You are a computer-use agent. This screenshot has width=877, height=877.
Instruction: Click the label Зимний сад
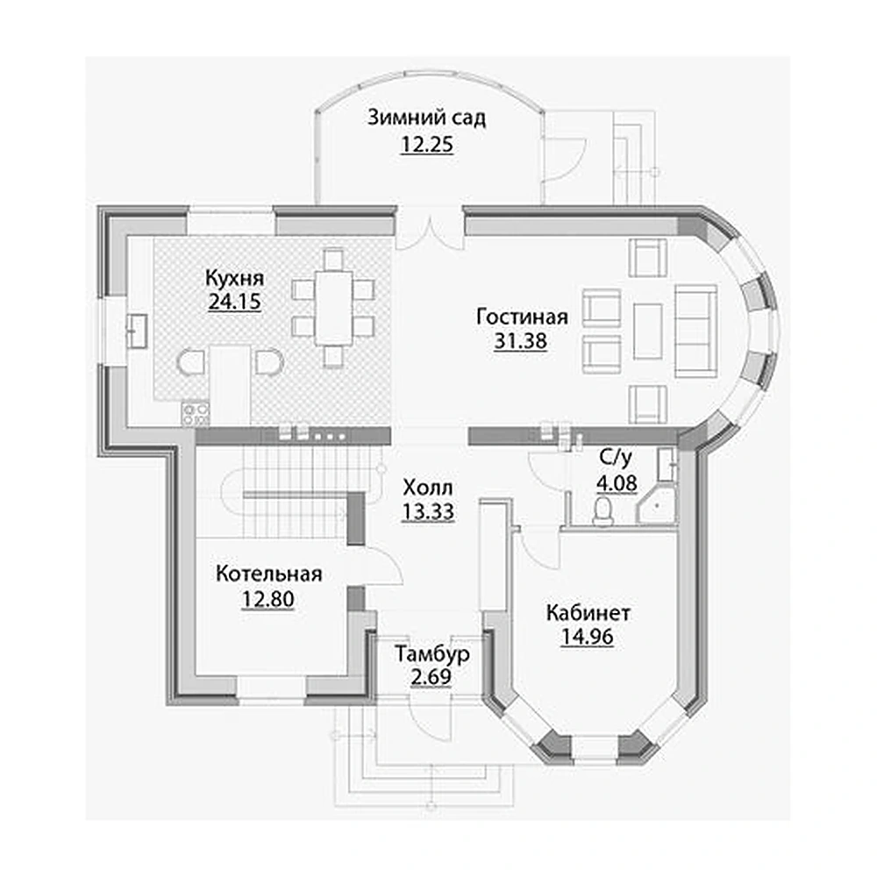(426, 118)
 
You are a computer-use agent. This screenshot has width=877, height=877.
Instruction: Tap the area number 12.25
(427, 145)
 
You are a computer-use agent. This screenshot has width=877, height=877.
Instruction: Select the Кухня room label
(234, 278)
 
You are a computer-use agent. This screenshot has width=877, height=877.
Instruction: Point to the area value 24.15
(234, 302)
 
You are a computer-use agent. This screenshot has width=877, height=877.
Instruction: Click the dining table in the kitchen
(333, 308)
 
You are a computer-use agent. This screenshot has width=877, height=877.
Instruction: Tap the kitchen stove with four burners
(196, 414)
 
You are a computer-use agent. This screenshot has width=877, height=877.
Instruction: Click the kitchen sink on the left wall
(137, 332)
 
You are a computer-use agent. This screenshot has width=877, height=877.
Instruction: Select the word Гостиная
(522, 317)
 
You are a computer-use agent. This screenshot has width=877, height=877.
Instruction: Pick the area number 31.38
(520, 340)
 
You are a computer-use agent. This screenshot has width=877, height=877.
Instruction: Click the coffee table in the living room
(648, 332)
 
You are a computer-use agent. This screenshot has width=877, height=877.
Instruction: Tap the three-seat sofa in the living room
(695, 332)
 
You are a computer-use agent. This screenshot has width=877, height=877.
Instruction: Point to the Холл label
(428, 488)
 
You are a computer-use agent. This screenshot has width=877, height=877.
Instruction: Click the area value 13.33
(428, 511)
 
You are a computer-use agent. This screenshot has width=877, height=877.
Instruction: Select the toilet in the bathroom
(603, 511)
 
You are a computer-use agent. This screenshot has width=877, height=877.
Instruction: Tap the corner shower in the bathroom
(657, 505)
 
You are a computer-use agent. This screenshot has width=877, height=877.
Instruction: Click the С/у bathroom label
(616, 458)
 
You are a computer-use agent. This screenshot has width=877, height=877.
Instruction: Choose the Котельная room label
(268, 574)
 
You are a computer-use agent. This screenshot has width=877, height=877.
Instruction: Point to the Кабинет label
(588, 613)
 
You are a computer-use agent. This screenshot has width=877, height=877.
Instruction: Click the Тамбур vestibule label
(431, 653)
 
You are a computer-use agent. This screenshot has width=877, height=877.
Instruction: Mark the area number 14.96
(588, 637)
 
